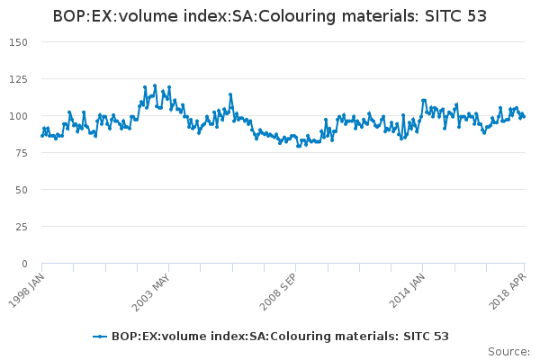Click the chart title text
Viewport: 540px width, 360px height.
tap(270, 15)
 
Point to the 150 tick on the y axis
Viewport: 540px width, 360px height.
tap(19, 42)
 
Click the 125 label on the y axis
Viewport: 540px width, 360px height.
tap(19, 79)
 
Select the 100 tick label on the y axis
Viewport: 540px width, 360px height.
tap(19, 116)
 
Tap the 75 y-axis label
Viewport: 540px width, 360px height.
tap(22, 153)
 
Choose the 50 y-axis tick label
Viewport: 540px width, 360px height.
tap(22, 190)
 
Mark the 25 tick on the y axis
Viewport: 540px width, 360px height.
tap(22, 227)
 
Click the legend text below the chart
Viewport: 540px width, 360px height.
tap(280, 336)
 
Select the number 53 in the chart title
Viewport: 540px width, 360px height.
tap(476, 15)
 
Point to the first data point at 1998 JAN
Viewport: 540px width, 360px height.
tap(41, 136)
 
